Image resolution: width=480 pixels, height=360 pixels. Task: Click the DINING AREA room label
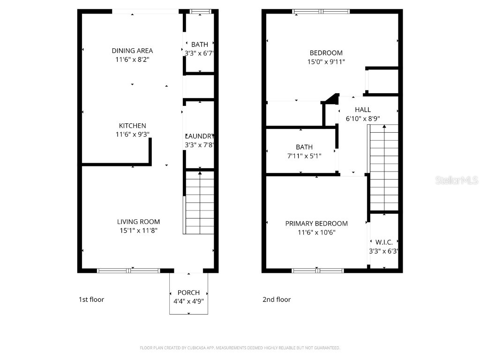132,51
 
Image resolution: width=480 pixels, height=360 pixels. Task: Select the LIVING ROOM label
138,222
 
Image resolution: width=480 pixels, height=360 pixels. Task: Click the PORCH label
188,292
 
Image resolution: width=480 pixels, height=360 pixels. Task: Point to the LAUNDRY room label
200,136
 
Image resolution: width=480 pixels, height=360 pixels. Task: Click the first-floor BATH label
199,45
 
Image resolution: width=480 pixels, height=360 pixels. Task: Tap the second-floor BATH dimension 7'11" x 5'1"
304,156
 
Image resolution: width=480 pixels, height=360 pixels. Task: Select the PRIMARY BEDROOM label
316,224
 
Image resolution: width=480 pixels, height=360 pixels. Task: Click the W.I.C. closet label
384,242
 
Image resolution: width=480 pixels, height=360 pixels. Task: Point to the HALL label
363,110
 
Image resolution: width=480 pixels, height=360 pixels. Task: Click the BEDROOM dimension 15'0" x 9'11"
326,61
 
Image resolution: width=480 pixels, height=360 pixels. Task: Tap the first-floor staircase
200,202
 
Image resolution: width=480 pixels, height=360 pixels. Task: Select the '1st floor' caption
91,300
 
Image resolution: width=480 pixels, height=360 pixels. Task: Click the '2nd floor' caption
277,300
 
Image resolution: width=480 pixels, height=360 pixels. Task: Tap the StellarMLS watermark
456,180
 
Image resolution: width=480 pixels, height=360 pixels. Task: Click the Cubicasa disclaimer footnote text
240,348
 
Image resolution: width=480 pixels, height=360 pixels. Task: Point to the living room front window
128,270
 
